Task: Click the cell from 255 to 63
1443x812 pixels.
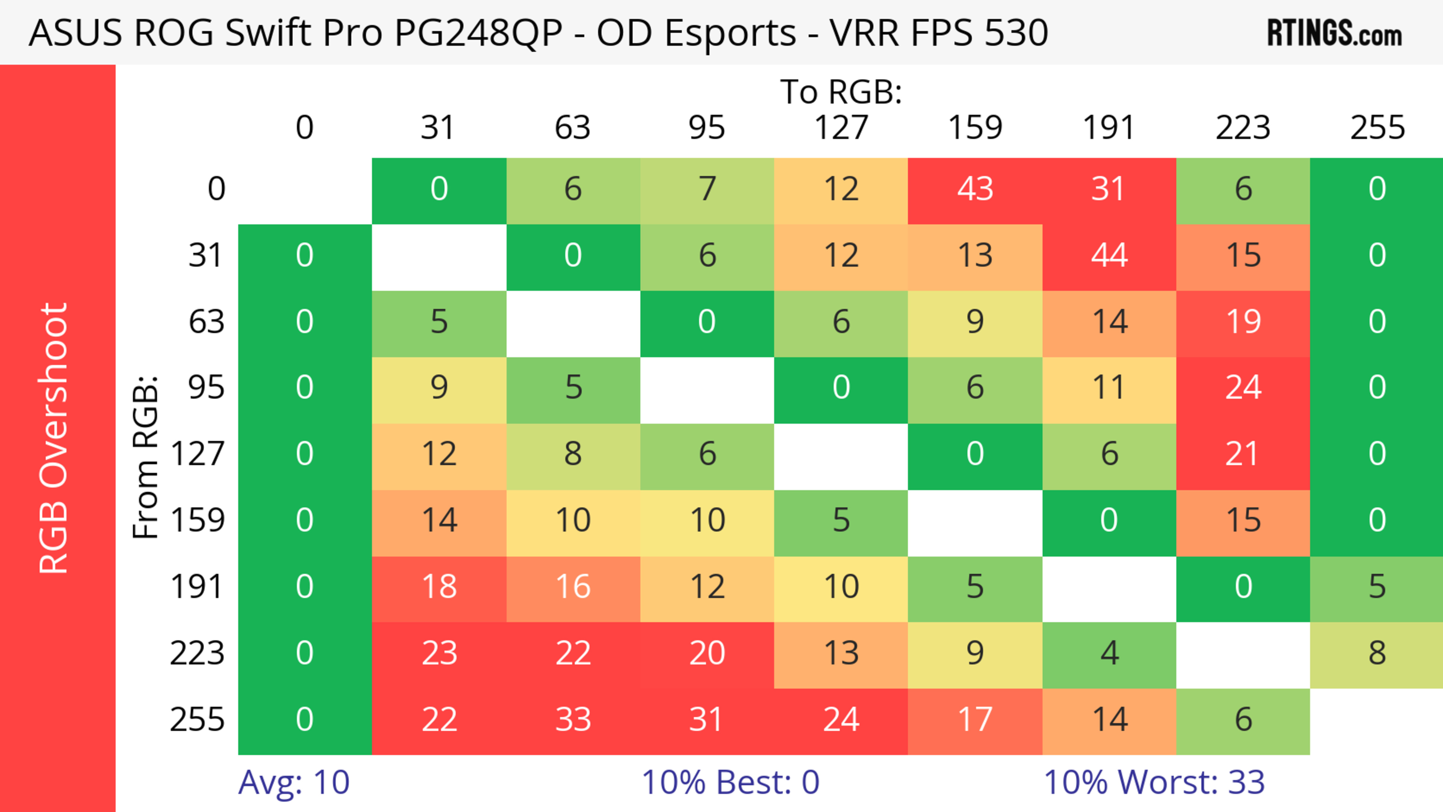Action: [572, 720]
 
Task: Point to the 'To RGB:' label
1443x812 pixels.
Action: [841, 92]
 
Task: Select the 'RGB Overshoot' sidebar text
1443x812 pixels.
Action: [54, 438]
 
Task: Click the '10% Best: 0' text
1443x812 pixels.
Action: [730, 782]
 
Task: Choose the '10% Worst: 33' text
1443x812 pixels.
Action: [1154, 782]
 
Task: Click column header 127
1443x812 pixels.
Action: [841, 128]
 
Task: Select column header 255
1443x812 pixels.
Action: [1377, 128]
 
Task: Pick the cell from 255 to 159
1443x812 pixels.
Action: [975, 720]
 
